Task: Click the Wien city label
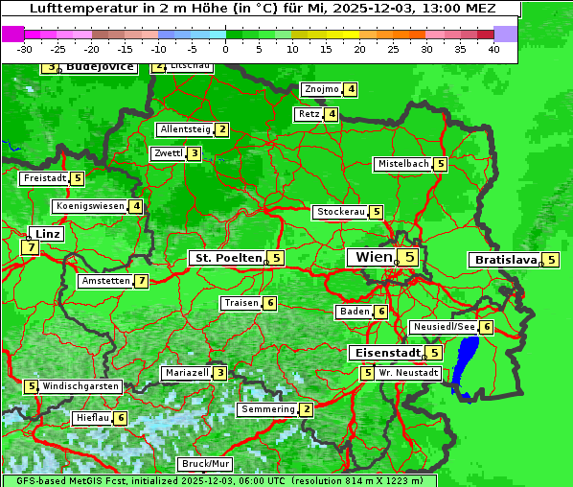(x=373, y=257)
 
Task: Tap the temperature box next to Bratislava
(x=550, y=260)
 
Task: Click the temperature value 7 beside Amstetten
(x=141, y=281)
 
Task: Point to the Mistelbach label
(x=402, y=164)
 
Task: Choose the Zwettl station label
(x=168, y=153)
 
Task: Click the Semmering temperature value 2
(x=306, y=409)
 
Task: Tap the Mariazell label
(x=186, y=373)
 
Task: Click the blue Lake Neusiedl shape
(x=468, y=364)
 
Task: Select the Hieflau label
(x=92, y=418)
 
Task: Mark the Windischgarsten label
(x=80, y=386)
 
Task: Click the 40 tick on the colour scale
(x=493, y=49)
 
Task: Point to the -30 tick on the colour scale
(x=25, y=49)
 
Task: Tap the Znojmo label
(x=321, y=89)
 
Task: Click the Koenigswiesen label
(x=89, y=206)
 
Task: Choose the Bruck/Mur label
(x=205, y=464)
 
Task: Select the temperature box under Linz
(x=31, y=247)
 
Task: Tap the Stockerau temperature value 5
(x=377, y=212)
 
